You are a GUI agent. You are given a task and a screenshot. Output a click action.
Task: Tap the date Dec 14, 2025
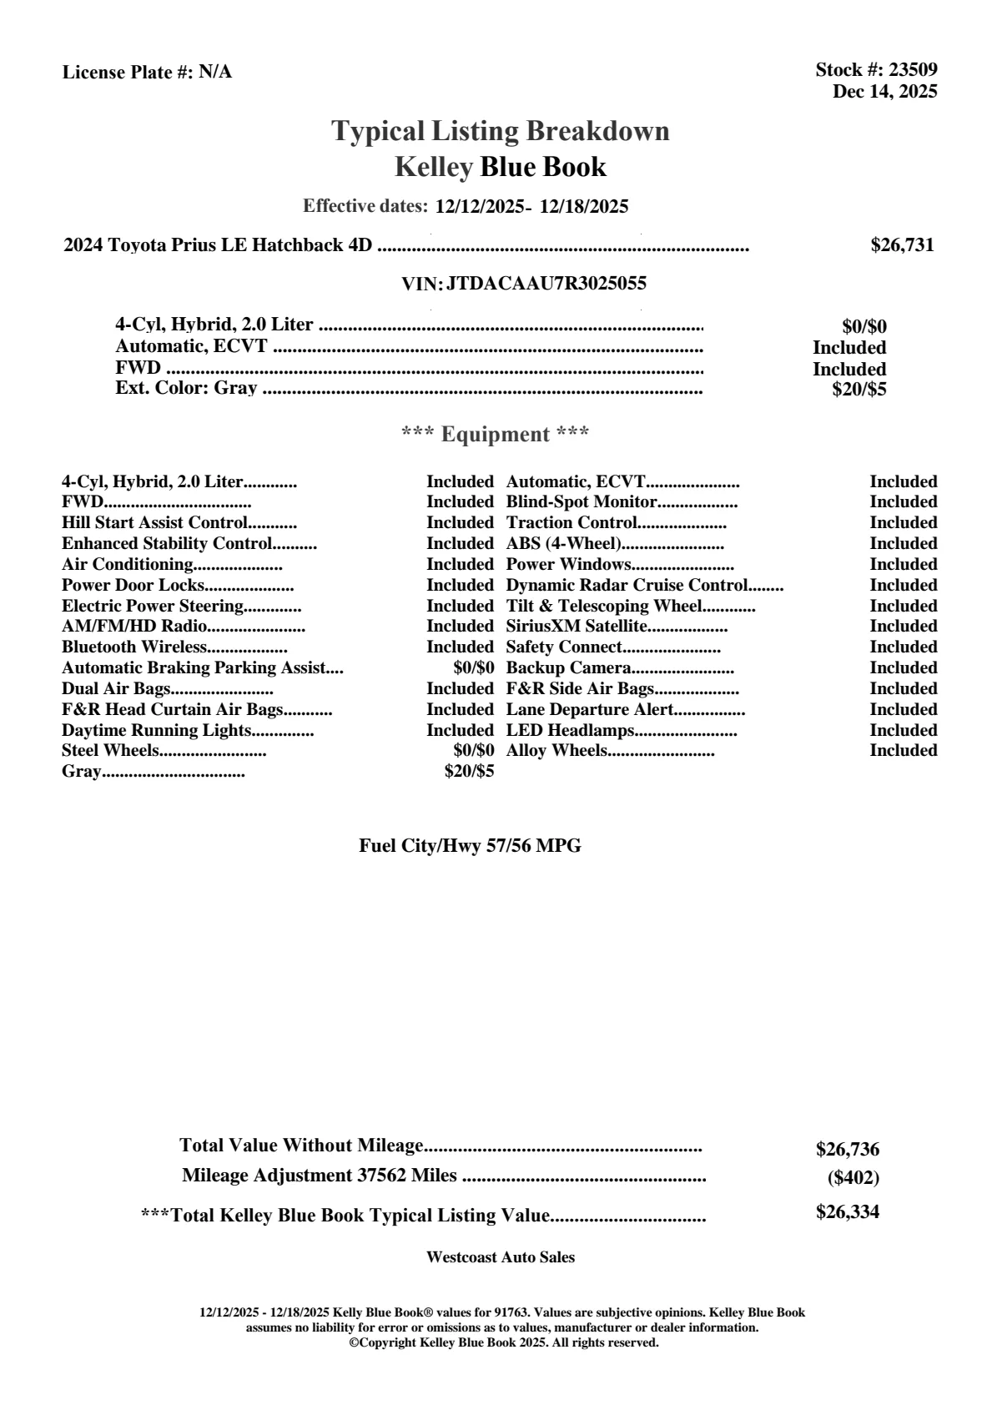point(884,92)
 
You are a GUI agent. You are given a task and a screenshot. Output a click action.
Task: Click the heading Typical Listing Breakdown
point(501,131)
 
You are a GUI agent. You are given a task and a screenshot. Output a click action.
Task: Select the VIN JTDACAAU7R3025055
point(546,284)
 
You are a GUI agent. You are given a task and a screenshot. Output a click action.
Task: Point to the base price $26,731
point(902,245)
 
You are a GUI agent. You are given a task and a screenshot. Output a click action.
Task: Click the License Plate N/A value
point(215,73)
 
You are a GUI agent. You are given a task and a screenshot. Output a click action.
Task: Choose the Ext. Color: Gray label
point(186,388)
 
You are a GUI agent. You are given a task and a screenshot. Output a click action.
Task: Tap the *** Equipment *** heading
point(496,435)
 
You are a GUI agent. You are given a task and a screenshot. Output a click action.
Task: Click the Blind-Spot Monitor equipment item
point(582,502)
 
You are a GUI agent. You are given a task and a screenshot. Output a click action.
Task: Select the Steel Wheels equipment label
point(109,751)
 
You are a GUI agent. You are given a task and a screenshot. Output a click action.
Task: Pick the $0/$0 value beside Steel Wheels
point(473,751)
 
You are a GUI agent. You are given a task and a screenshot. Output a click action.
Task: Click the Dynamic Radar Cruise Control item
point(627,585)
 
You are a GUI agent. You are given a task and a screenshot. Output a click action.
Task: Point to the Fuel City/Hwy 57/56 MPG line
point(470,846)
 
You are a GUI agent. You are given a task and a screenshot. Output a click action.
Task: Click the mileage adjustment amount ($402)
point(853,1178)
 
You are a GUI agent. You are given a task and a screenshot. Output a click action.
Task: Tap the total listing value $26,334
point(847,1212)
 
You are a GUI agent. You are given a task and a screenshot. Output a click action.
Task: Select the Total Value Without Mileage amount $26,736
point(847,1150)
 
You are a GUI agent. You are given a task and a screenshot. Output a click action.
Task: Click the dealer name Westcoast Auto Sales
point(500,1257)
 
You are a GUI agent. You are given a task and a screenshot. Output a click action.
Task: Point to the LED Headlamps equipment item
point(571,731)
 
